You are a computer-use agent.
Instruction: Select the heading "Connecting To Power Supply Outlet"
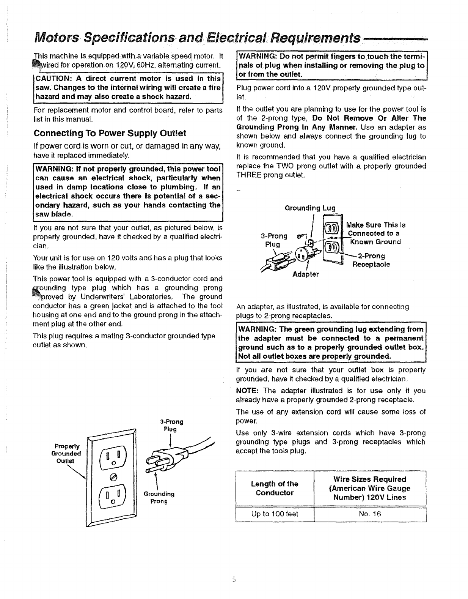pos(110,133)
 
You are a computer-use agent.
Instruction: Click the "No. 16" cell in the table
pos(370,514)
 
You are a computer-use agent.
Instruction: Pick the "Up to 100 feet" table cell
pos(275,514)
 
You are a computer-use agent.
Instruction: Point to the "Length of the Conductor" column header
pos(275,488)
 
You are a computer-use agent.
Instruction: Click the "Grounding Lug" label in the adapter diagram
pos(310,208)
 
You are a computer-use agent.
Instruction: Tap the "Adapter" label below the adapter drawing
pos(306,274)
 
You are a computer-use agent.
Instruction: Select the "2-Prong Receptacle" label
pos(371,260)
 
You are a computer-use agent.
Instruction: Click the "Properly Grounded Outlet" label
pos(66,454)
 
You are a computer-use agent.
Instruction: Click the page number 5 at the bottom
pos(234,579)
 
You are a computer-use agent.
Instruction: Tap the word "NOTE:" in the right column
pos(247,391)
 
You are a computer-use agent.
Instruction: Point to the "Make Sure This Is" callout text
pos(376,225)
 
